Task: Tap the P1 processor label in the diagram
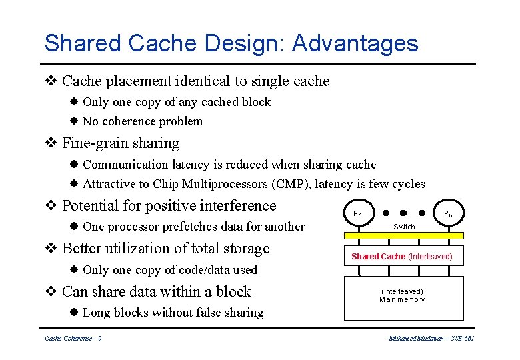(x=358, y=214)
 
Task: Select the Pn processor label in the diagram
(x=449, y=214)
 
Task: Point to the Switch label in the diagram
(x=404, y=227)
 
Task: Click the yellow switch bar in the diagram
(x=403, y=235)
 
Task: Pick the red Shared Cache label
(x=378, y=257)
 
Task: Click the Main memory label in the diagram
(x=402, y=299)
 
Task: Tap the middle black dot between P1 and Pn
(x=403, y=213)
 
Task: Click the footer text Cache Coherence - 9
(x=73, y=339)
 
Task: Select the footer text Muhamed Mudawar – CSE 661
(x=431, y=339)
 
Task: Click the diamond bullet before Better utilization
(x=50, y=249)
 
